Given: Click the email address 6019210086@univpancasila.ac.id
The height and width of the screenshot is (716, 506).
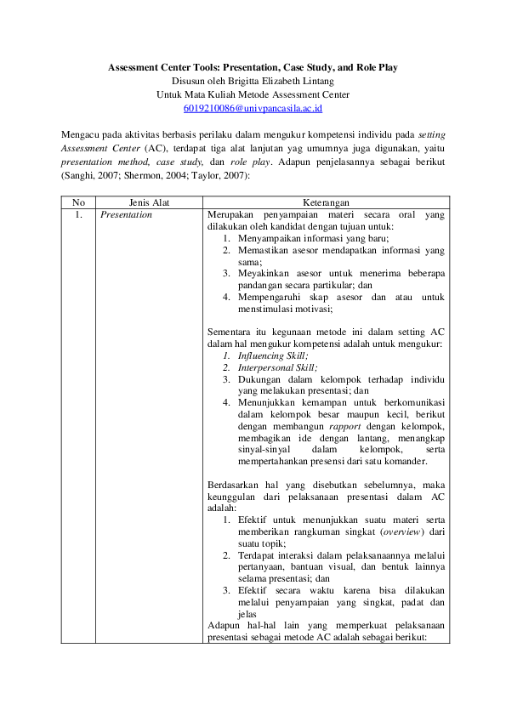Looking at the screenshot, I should point(253,109).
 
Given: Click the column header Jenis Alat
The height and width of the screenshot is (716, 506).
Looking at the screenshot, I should point(149,202).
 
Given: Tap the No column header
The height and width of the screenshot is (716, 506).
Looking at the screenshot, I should point(78,202).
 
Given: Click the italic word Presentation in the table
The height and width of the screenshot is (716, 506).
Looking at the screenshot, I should point(126,214).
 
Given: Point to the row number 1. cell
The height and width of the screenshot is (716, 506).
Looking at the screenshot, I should point(78,214).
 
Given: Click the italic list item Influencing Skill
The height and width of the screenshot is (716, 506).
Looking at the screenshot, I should point(272,355).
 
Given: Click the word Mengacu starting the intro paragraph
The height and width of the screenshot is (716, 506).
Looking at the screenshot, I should point(82,134).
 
